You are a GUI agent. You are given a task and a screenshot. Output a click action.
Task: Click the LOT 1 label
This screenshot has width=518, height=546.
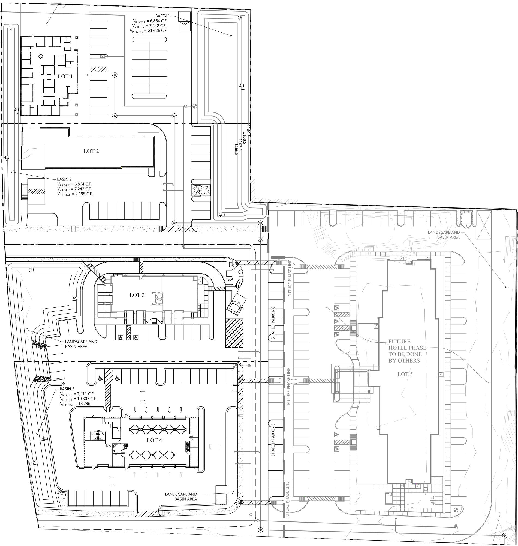pyautogui.click(x=65, y=76)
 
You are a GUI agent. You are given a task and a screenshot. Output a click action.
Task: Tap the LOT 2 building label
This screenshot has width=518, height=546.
pyautogui.click(x=91, y=151)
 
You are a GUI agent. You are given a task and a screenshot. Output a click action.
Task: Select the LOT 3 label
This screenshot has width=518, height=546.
pyautogui.click(x=137, y=295)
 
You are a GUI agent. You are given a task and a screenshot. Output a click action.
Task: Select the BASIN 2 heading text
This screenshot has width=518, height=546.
pyautogui.click(x=64, y=179)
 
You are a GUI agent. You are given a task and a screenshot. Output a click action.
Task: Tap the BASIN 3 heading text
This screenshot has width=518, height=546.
pyautogui.click(x=67, y=389)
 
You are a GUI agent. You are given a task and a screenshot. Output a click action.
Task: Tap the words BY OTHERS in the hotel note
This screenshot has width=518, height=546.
pyautogui.click(x=404, y=361)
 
